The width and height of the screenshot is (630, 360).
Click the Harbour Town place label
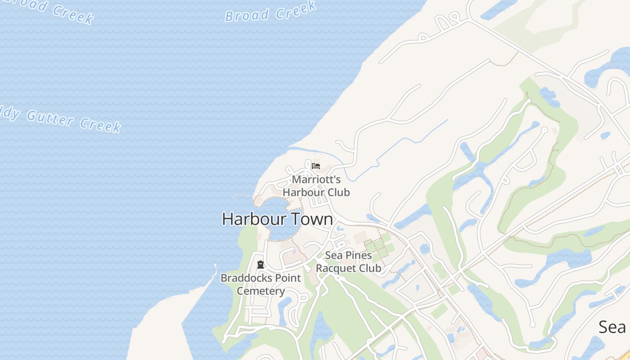click(x=277, y=219)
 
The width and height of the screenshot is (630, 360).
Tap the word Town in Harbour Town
click(x=312, y=219)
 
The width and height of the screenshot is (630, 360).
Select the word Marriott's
click(x=316, y=180)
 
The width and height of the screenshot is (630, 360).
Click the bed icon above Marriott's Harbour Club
click(x=316, y=166)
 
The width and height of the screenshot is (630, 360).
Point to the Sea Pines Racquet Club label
click(x=348, y=262)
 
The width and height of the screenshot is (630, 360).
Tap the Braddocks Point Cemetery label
click(x=261, y=284)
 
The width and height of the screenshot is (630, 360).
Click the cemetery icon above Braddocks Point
click(x=260, y=265)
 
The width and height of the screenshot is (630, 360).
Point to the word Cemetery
click(x=261, y=291)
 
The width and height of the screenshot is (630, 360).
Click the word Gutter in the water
click(x=50, y=118)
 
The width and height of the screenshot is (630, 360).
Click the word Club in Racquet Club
click(x=369, y=268)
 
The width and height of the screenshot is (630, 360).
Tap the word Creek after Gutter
click(x=101, y=125)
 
